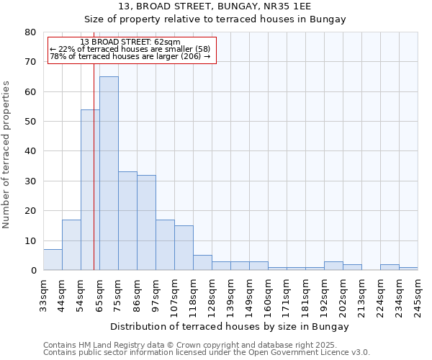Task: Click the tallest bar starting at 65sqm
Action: tap(109, 173)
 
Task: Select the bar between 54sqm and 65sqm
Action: tap(90, 190)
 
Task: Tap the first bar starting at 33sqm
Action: tap(53, 260)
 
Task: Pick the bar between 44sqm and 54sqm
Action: tap(71, 245)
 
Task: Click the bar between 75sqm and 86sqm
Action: tap(127, 220)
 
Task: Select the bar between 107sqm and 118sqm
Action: tap(184, 248)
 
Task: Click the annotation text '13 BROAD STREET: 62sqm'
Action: tap(130, 42)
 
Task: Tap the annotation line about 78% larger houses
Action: tap(130, 56)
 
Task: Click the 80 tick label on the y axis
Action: tap(30, 32)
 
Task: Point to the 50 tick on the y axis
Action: tap(30, 122)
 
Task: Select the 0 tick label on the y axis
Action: tap(32, 271)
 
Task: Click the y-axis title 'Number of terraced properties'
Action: tap(6, 154)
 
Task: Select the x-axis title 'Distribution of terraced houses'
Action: tap(230, 326)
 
